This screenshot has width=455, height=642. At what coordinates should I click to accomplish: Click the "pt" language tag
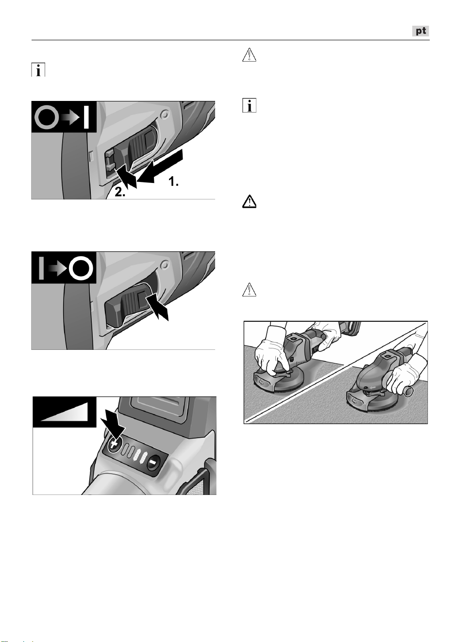[x=421, y=31]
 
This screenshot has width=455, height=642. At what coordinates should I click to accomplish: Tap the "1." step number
[x=173, y=181]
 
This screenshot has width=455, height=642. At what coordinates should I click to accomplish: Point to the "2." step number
[x=120, y=192]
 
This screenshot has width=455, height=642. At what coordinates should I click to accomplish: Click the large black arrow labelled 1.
[x=159, y=166]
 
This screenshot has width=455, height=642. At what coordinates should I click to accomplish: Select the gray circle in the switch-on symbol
[x=47, y=117]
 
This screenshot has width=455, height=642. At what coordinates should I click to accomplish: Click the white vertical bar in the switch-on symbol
[x=86, y=117]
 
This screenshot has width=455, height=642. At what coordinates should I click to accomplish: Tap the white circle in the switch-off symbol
[x=81, y=268]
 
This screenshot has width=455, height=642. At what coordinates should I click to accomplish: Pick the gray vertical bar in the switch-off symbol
[x=41, y=268]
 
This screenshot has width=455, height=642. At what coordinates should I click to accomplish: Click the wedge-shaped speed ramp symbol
[x=64, y=412]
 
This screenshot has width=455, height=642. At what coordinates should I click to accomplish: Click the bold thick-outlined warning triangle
[x=249, y=201]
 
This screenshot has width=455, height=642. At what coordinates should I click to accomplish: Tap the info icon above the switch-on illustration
[x=38, y=70]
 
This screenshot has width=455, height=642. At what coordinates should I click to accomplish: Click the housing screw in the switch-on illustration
[x=165, y=115]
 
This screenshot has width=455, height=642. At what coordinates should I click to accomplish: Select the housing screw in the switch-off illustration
[x=165, y=265]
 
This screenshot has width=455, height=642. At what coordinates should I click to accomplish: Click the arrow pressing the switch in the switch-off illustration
[x=157, y=308]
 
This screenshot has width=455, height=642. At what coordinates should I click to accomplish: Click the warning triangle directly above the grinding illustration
[x=249, y=290]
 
